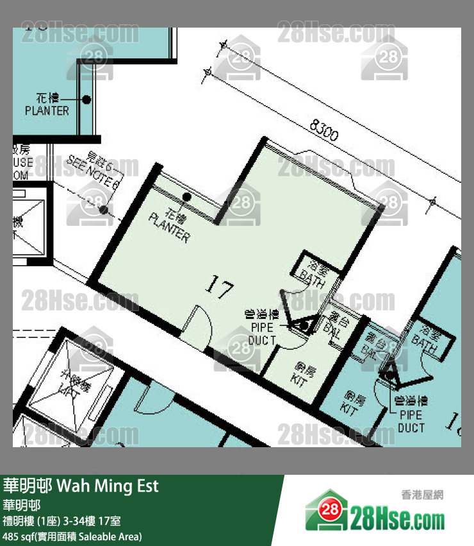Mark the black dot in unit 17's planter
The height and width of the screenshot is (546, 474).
[x=186, y=197]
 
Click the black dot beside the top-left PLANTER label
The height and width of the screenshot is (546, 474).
[x=86, y=99]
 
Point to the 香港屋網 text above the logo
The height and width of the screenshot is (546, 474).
[x=422, y=495]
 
